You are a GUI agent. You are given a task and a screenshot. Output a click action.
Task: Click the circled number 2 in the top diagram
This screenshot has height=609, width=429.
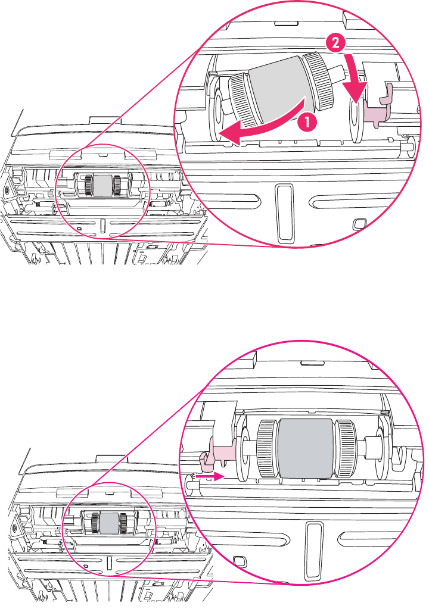[335, 43]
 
